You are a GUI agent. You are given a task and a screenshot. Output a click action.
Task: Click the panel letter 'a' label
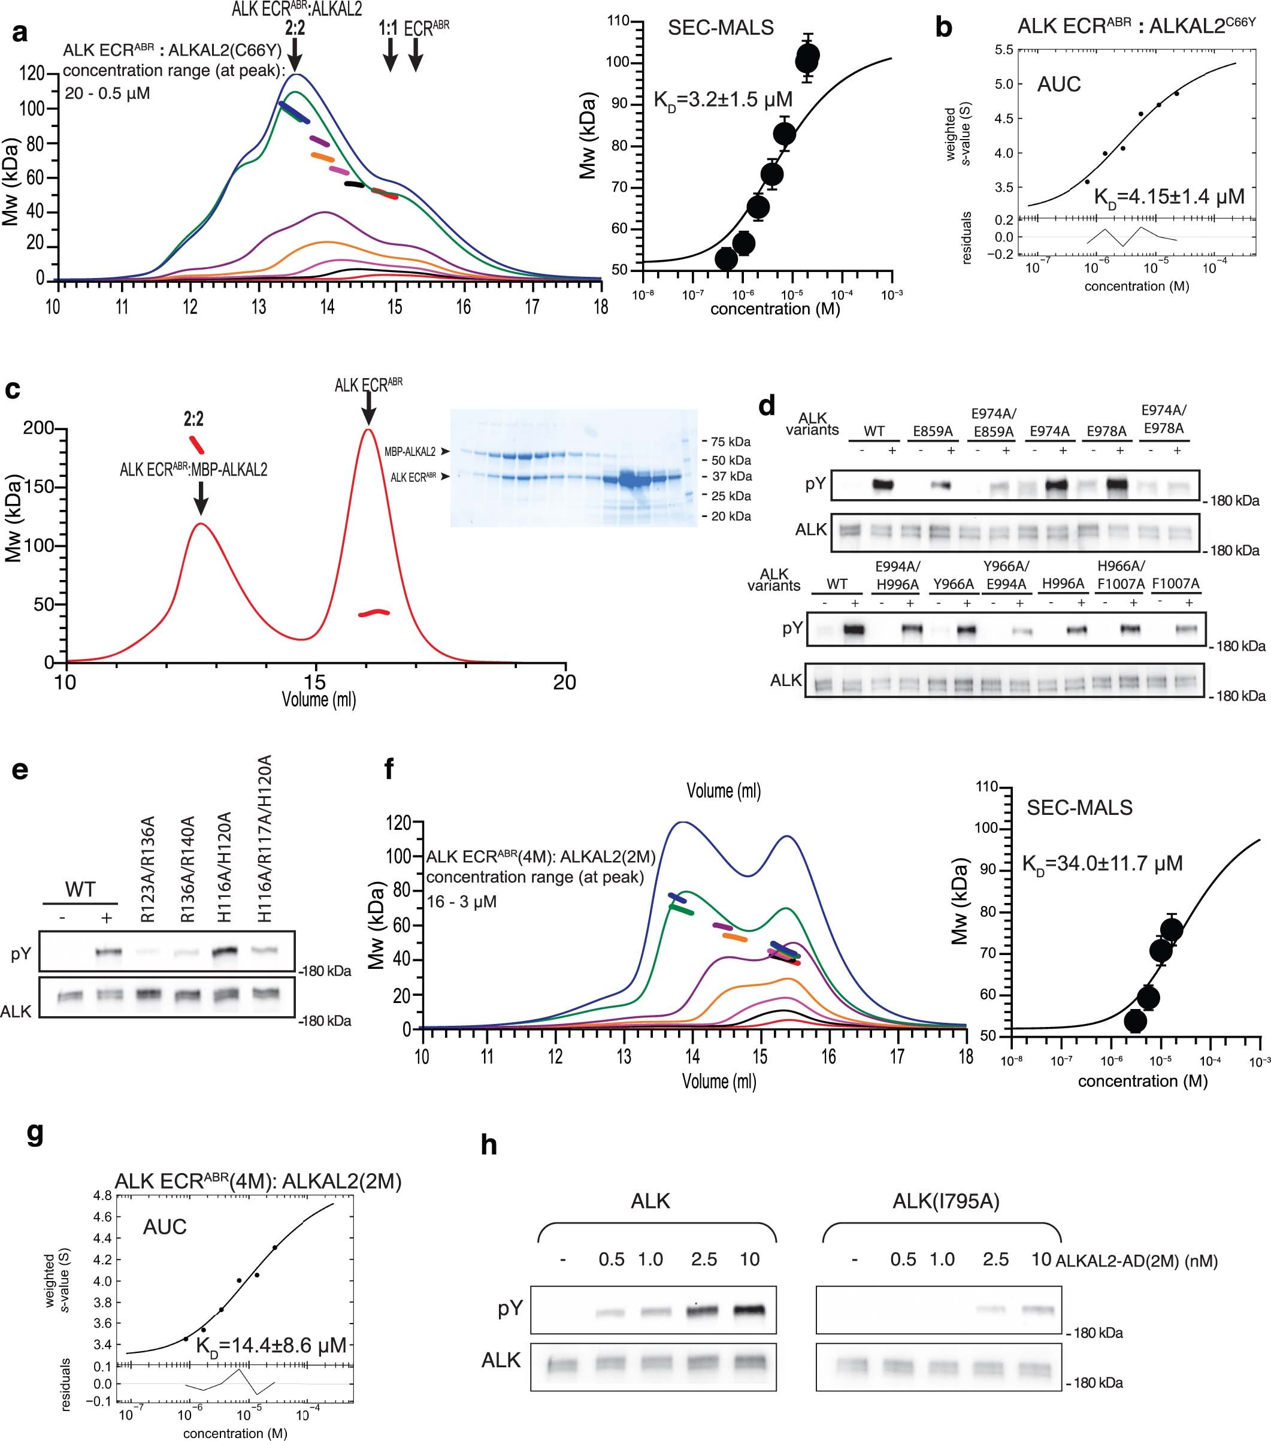pos(20,32)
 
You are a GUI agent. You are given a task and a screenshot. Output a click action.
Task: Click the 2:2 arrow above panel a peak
pos(295,53)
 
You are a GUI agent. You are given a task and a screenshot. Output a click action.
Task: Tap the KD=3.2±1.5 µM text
pos(722,100)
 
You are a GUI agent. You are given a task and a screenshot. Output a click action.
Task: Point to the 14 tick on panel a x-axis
pos(326,306)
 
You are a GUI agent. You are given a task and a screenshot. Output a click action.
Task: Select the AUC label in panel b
pos(1059,84)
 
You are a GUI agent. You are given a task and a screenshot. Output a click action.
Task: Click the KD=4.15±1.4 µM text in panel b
pos(1169,197)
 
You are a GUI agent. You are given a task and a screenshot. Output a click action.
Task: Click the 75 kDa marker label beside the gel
pos(730,442)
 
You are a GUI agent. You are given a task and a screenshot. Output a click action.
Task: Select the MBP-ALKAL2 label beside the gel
pos(410,451)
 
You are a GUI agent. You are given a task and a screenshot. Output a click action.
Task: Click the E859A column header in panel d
pos(933,431)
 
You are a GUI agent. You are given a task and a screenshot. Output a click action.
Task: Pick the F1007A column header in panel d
pos(1175,584)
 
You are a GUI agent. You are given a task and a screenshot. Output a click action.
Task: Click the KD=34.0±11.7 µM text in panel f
pos(1102,863)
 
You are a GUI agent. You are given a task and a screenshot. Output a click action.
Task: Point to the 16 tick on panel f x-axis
pos(828,1056)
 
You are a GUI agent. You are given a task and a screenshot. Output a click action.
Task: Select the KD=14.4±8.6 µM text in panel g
pos(271,1346)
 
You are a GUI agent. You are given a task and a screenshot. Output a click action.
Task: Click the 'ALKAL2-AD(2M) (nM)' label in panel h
pos(1136,1261)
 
